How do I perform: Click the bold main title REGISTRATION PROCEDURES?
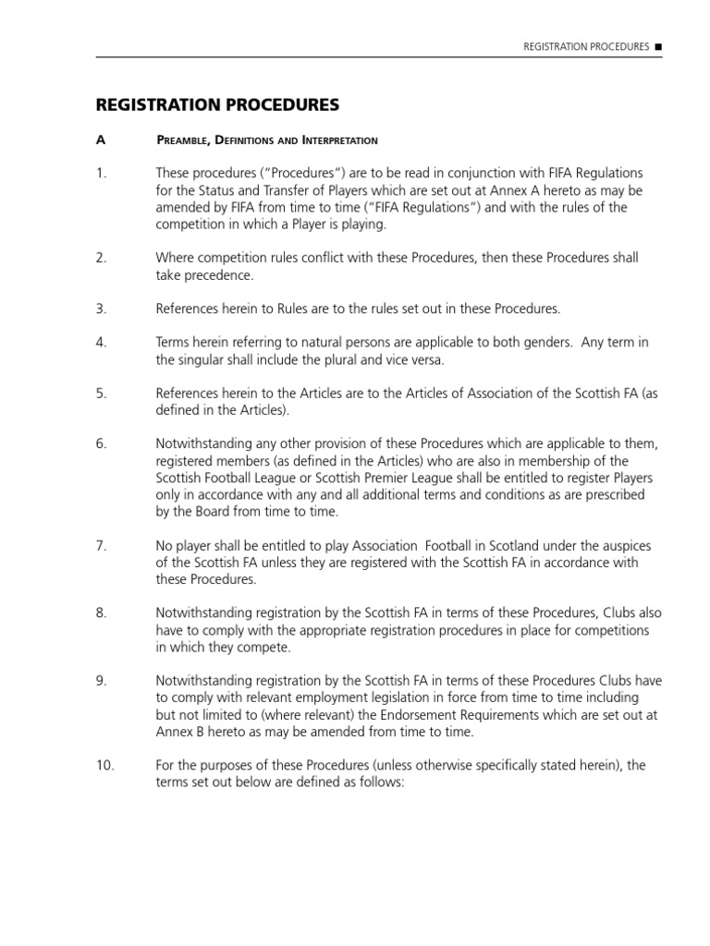(218, 103)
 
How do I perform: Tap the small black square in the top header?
(658, 46)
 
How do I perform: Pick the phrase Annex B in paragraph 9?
(179, 732)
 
